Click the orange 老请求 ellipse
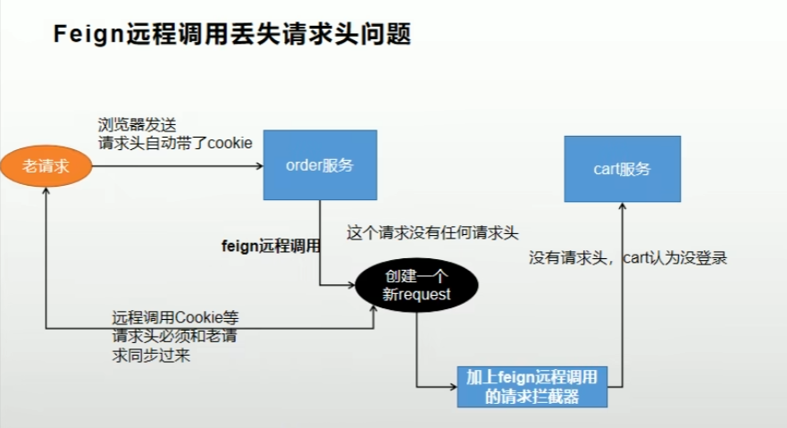point(46,164)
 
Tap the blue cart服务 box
point(622,168)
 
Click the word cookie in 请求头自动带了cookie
point(230,143)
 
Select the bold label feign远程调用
point(271,245)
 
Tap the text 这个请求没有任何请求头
point(431,232)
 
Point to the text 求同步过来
point(150,356)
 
